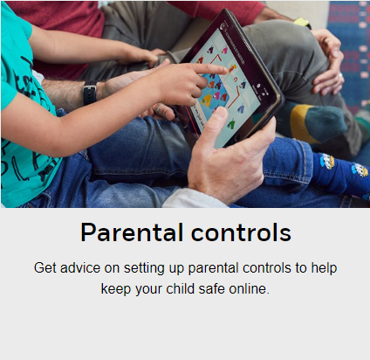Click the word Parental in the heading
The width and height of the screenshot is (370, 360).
[x=132, y=232]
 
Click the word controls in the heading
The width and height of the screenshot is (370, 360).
[x=241, y=232]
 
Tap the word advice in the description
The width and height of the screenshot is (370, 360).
[x=80, y=267]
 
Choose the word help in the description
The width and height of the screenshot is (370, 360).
[x=324, y=267]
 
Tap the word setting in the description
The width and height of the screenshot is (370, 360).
[x=144, y=267]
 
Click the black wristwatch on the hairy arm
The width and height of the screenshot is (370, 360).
[x=90, y=93]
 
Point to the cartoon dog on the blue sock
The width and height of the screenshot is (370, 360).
[x=327, y=162]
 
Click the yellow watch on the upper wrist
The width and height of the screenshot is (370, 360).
[x=301, y=22]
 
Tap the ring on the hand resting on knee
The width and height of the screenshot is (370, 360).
[x=340, y=75]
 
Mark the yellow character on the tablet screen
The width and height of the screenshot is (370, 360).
[x=207, y=100]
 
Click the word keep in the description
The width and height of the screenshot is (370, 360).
[x=115, y=288]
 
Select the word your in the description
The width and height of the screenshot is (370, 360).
[x=148, y=290]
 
